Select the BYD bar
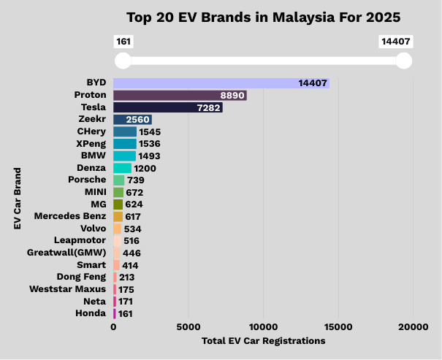click(x=221, y=83)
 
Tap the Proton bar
click(x=180, y=95)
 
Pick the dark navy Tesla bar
click(x=167, y=107)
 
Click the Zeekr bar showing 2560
click(x=132, y=120)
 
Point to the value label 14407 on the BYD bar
click(x=312, y=83)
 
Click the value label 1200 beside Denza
click(x=145, y=168)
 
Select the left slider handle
click(x=123, y=61)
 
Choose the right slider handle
click(x=403, y=61)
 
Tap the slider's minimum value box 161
click(x=123, y=42)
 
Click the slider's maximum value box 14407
click(x=396, y=42)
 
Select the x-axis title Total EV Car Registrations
click(x=263, y=340)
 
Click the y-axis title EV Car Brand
click(x=17, y=199)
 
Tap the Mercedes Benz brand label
click(x=69, y=216)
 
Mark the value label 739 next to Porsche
click(x=137, y=180)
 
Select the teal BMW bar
click(x=124, y=156)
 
